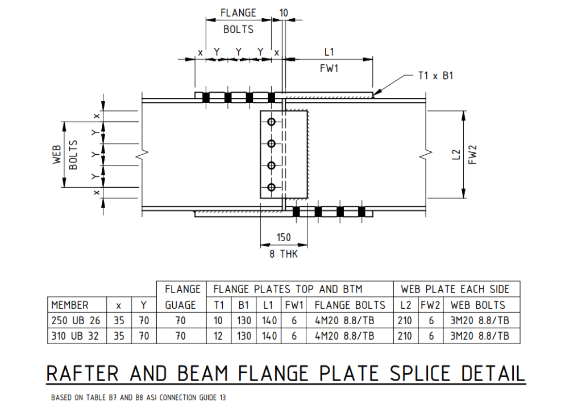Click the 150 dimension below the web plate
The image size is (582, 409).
tap(284, 238)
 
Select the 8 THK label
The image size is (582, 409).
tap(284, 254)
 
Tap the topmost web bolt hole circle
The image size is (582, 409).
tap(271, 122)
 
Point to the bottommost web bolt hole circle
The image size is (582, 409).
tap(271, 187)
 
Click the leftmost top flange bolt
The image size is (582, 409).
tap(206, 97)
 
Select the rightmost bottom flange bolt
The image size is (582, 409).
tap(361, 212)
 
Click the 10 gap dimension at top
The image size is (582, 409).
tap(284, 13)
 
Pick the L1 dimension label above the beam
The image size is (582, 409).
tap(329, 52)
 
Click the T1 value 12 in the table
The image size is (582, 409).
tap(219, 336)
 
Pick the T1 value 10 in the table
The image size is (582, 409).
tap(219, 321)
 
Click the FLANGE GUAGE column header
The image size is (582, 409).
tap(182, 297)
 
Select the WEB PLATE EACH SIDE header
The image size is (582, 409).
tap(455, 289)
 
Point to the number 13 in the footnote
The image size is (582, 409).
tap(222, 398)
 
